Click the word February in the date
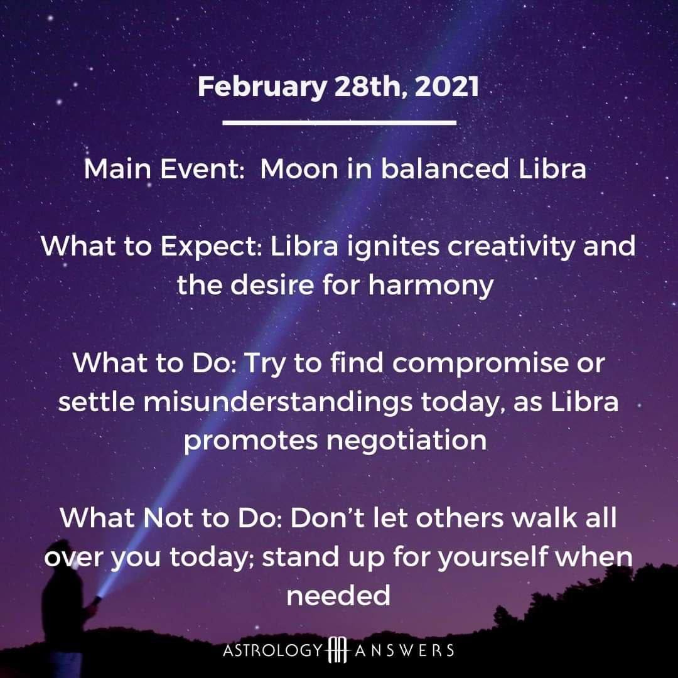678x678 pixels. point(262,87)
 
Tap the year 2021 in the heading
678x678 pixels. point(446,87)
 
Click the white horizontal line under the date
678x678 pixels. point(340,123)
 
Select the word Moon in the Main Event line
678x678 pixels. point(299,168)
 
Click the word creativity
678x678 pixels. point(511,247)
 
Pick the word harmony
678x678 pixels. point(431,286)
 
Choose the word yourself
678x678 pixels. point(493,557)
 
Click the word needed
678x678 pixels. point(338,595)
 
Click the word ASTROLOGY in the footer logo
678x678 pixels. point(273,650)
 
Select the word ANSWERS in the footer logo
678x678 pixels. point(404,650)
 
